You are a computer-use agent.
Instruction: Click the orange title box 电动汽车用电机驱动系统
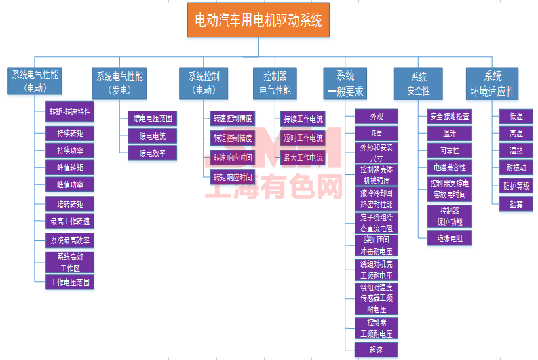tap(258, 20)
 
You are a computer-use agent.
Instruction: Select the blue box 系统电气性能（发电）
tap(119, 83)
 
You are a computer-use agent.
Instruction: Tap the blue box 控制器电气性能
tap(275, 83)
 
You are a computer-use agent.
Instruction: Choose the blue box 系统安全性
tap(419, 83)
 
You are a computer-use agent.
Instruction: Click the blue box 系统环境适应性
tap(492, 83)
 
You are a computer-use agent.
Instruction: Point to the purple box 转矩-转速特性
tap(70, 111)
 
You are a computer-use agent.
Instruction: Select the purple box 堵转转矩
tap(70, 203)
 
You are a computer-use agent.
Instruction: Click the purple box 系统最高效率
tap(70, 239)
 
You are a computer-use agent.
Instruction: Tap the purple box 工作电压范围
tap(70, 283)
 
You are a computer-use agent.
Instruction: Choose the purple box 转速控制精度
tap(232, 119)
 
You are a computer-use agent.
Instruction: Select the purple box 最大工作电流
tap(303, 157)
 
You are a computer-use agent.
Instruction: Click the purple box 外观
tap(376, 117)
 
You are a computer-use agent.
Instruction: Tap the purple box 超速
tap(376, 350)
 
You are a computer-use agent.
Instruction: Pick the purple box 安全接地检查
tap(450, 117)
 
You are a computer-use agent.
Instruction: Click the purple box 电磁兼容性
tap(450, 168)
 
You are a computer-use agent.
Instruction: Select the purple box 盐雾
tap(516, 204)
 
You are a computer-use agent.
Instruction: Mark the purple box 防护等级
tap(516, 186)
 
